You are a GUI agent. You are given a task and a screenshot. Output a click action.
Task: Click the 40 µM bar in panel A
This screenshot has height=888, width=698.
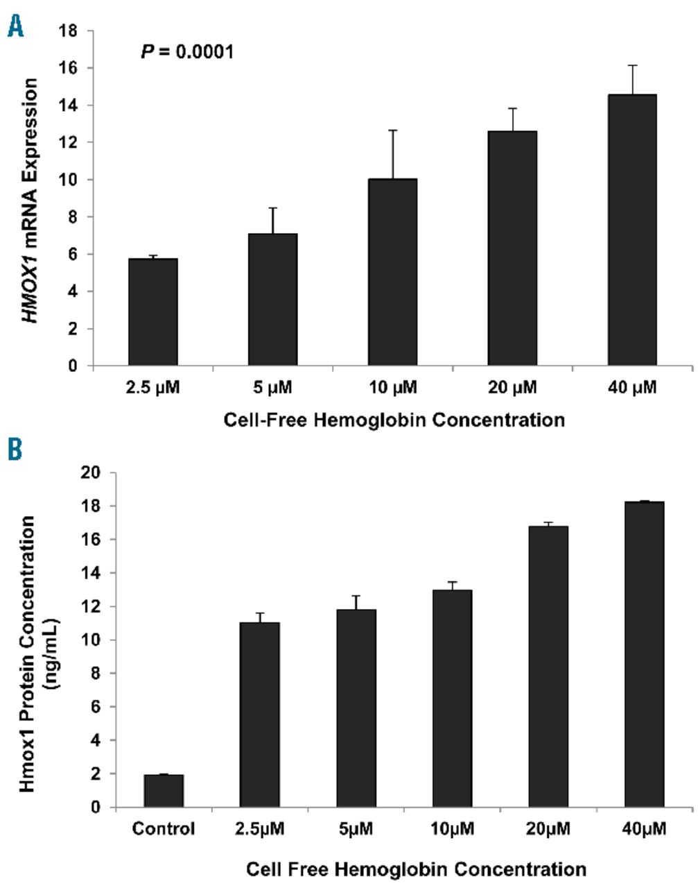coord(632,230)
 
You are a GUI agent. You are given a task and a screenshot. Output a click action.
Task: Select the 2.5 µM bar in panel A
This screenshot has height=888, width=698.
coord(153,311)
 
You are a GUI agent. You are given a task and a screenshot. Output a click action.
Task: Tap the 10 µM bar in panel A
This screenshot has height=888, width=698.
coord(392,272)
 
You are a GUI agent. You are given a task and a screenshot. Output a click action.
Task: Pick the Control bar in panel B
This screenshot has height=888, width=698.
coord(164,791)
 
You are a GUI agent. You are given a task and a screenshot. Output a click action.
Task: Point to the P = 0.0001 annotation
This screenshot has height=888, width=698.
coord(187,51)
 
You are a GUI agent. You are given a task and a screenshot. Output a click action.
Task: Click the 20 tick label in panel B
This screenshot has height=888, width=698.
coord(94,473)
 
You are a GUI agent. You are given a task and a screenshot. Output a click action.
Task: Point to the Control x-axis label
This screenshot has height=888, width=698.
coord(164,828)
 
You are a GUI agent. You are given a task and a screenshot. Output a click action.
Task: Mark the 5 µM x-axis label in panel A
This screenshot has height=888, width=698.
coord(272,387)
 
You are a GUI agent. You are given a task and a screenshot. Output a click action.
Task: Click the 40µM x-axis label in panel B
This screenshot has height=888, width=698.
coord(644,828)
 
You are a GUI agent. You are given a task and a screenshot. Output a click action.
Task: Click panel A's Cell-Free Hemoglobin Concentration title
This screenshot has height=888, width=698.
coord(394,420)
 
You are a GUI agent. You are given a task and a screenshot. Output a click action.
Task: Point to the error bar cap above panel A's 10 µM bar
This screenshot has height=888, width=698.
coord(392,130)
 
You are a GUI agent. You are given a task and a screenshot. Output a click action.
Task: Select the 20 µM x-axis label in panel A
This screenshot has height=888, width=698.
coord(512,387)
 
